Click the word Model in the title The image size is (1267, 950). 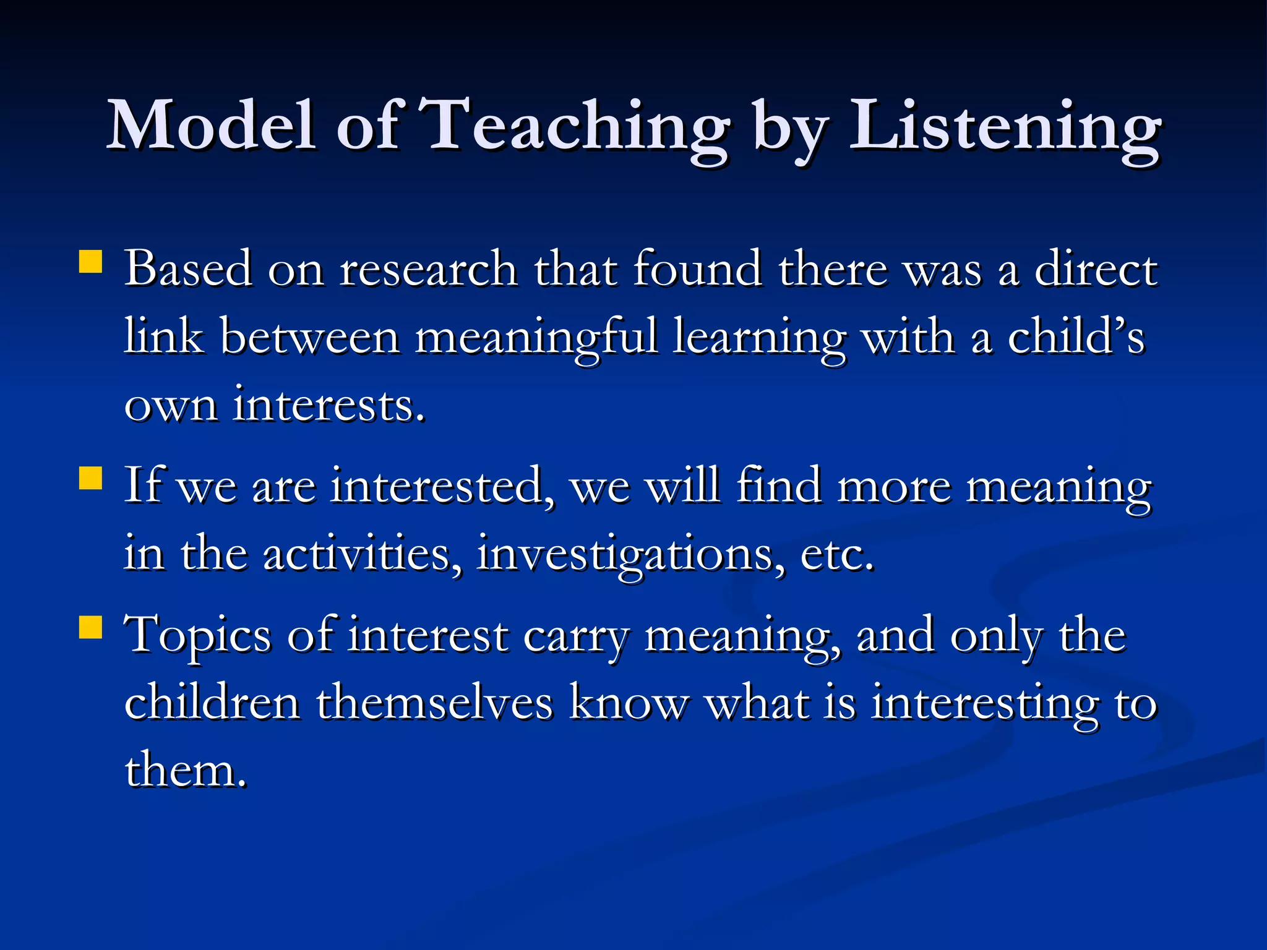pyautogui.click(x=211, y=126)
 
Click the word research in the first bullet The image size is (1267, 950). pyautogui.click(x=429, y=270)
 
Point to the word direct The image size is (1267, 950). pyautogui.click(x=1096, y=270)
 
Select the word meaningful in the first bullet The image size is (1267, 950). pyautogui.click(x=536, y=338)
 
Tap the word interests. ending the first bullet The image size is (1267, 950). pyautogui.click(x=329, y=405)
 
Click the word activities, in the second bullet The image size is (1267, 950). pyautogui.click(x=363, y=554)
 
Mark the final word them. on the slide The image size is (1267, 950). pyautogui.click(x=186, y=771)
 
